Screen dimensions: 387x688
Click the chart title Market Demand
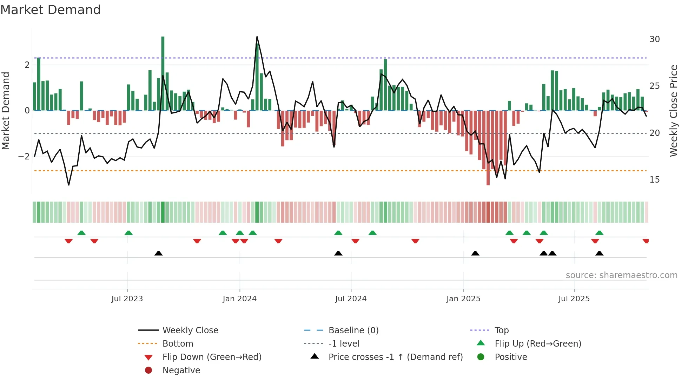51,10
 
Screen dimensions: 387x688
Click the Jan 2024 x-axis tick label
239,299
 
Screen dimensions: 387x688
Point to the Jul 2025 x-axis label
574,299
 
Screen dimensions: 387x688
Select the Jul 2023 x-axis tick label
127,299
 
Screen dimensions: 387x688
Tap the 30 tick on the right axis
654,39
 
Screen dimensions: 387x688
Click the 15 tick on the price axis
654,180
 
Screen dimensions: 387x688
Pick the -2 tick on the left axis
24,157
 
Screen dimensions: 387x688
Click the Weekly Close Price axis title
673,111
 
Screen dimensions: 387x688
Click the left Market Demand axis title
6,111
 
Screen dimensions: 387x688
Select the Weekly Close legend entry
190,330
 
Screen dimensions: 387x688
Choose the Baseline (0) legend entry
353,330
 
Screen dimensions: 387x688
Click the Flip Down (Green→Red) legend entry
212,357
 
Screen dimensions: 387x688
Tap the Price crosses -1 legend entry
395,357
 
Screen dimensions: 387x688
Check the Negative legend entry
181,370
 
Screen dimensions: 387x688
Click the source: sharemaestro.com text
621,275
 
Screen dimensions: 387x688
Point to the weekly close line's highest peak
257,37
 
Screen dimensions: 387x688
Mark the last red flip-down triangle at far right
646,241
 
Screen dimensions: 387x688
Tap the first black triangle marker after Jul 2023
159,253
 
